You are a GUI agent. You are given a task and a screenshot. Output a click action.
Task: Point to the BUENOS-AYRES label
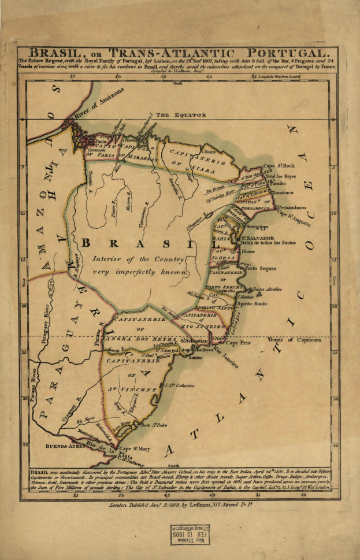coord(63,447)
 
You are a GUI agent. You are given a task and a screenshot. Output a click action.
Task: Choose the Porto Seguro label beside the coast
coord(261,269)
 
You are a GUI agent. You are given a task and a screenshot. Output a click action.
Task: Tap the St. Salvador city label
coord(257,238)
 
